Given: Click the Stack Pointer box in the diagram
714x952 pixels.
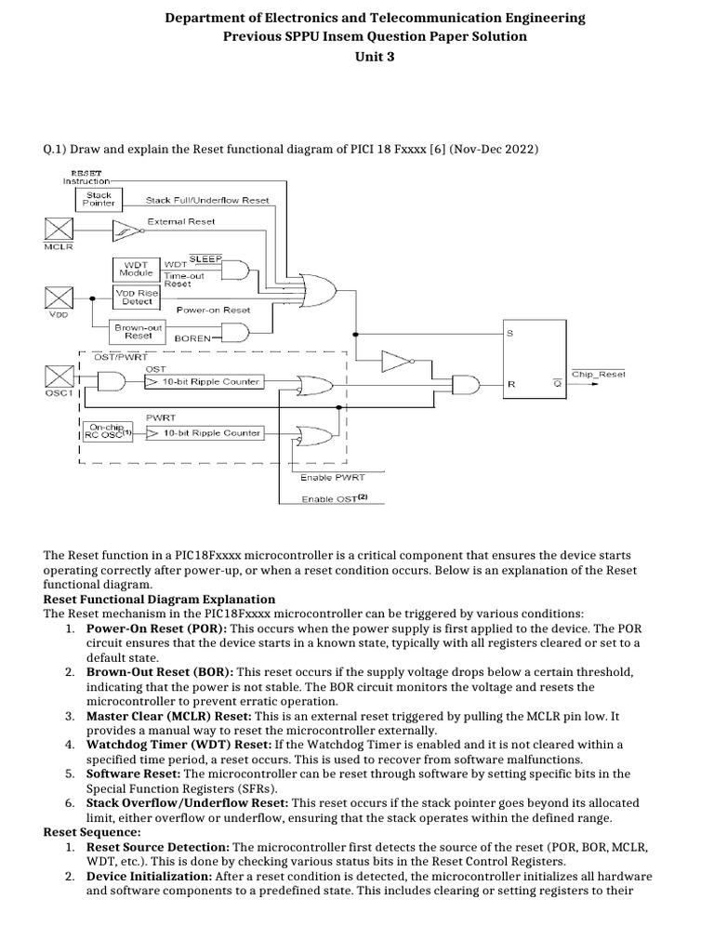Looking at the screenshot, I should [x=96, y=200].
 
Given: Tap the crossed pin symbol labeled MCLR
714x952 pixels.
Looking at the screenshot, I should [x=58, y=229].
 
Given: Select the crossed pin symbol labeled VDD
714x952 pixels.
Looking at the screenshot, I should [x=58, y=299].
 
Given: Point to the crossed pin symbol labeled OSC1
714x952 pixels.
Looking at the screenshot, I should [x=58, y=377].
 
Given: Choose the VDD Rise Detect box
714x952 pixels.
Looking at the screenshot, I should [x=135, y=297].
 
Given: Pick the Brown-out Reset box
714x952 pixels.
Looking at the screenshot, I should [x=138, y=331].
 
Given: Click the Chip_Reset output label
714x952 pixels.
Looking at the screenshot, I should [x=599, y=374].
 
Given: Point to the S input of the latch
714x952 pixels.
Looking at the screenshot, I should [x=509, y=332].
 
